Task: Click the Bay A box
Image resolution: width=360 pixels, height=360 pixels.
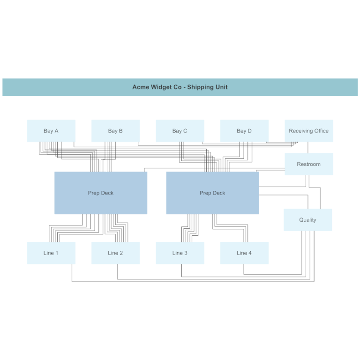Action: [x=51, y=131]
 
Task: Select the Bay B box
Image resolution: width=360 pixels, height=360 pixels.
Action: [x=115, y=131]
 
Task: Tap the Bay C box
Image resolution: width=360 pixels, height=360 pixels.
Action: [x=180, y=131]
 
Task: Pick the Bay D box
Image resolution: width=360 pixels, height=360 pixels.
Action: [x=244, y=131]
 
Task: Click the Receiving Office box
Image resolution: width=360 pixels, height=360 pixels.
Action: [x=308, y=131]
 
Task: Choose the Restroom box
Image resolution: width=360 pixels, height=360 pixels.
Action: [x=308, y=164]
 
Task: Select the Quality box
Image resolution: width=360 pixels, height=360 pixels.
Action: [x=307, y=220]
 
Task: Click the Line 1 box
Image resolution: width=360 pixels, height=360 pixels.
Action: [x=51, y=253]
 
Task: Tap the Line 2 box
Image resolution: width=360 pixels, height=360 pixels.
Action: [x=115, y=253]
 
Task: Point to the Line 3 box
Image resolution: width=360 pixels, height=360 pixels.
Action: [x=180, y=253]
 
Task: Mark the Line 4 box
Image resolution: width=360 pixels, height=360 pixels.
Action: [x=244, y=253]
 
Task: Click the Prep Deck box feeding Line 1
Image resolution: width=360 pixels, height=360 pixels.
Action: [x=101, y=193]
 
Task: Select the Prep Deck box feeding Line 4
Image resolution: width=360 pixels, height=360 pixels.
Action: [x=212, y=193]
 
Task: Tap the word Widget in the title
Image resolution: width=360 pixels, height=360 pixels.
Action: [x=161, y=87]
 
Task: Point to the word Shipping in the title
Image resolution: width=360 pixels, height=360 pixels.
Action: [x=201, y=87]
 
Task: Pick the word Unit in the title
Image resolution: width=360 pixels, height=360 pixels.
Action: [x=222, y=87]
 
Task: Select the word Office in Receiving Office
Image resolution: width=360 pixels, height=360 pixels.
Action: [x=321, y=131]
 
